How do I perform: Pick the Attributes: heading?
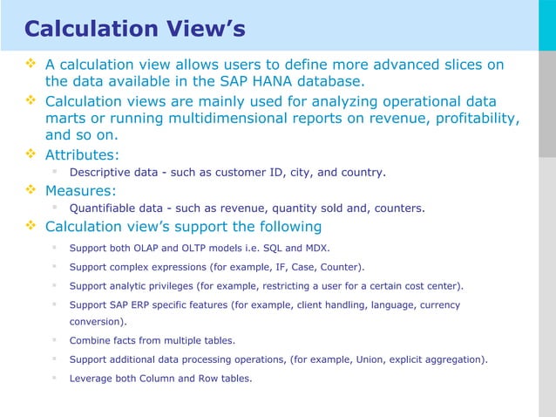point(85,154)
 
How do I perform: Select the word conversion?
point(98,322)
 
